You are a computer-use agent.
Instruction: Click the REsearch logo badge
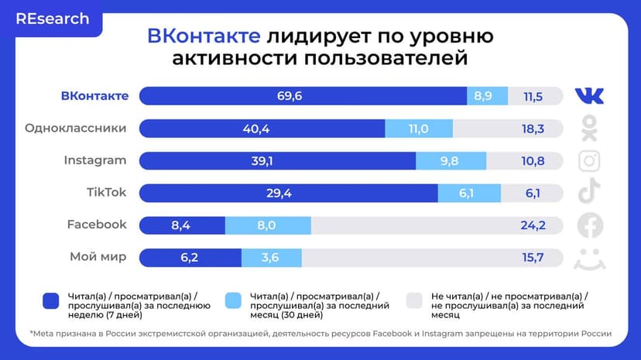click(x=52, y=19)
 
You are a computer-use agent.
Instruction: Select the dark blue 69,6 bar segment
click(x=303, y=96)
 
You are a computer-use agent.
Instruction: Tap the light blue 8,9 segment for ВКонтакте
click(x=487, y=96)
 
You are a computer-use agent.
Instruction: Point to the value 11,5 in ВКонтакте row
click(x=533, y=96)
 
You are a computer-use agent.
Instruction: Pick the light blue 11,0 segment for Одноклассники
click(x=418, y=129)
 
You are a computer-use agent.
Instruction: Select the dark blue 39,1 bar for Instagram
click(x=277, y=161)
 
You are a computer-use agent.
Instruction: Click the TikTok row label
click(x=107, y=193)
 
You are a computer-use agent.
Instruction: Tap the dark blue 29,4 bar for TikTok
click(x=288, y=193)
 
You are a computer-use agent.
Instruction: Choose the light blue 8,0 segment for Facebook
click(x=268, y=225)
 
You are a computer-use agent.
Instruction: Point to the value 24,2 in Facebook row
click(x=533, y=225)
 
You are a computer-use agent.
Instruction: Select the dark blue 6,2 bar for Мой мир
click(x=190, y=257)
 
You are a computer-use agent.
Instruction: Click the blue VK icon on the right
click(x=590, y=96)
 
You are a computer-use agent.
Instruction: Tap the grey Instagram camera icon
click(x=590, y=160)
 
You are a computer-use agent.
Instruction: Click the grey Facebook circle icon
click(x=590, y=225)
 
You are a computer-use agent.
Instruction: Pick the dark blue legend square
click(x=52, y=300)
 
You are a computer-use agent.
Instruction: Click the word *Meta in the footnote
click(x=43, y=334)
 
